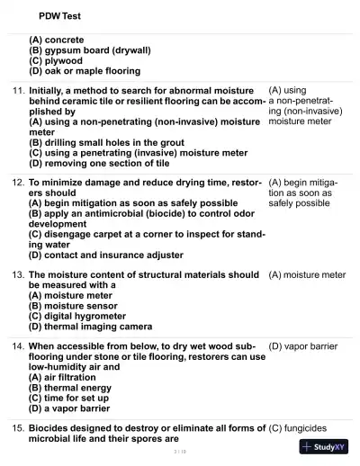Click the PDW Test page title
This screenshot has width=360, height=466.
60,16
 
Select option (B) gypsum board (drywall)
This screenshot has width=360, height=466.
90,50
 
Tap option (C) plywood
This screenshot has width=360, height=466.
62,61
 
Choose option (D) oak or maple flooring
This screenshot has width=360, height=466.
85,71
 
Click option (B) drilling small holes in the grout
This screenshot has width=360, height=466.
107,142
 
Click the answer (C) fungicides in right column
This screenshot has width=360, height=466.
301,427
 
